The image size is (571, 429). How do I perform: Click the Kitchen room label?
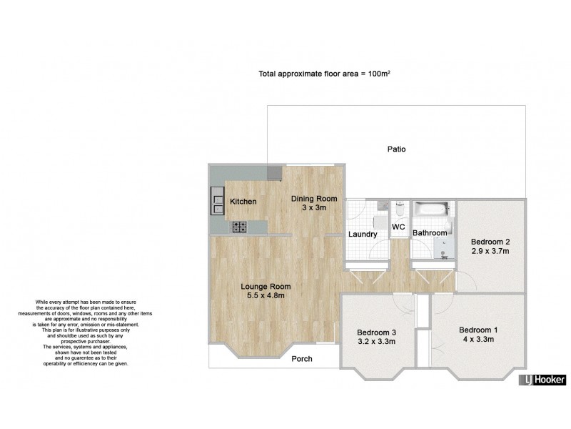(243, 202)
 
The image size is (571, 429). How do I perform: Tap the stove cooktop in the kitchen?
(239, 227)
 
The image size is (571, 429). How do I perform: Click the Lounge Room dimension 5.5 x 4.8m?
(266, 295)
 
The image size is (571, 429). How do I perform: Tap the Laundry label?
(363, 234)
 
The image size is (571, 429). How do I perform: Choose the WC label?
(398, 227)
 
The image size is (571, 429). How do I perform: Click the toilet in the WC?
(399, 209)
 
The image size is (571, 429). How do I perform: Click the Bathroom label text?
(429, 233)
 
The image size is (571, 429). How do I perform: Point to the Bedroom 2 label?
(490, 242)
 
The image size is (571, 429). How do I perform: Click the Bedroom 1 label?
(477, 330)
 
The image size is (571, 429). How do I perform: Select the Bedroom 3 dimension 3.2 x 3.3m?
(376, 342)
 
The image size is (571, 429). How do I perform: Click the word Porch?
(302, 359)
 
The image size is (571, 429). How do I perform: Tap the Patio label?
(396, 149)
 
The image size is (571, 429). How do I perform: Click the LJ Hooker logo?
(542, 380)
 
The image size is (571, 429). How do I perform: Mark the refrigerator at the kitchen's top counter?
(274, 173)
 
